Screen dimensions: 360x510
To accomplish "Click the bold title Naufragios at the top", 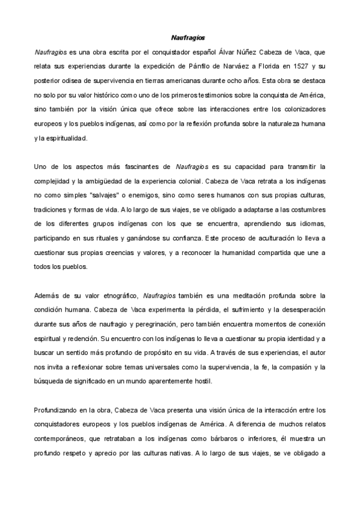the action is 180,38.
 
